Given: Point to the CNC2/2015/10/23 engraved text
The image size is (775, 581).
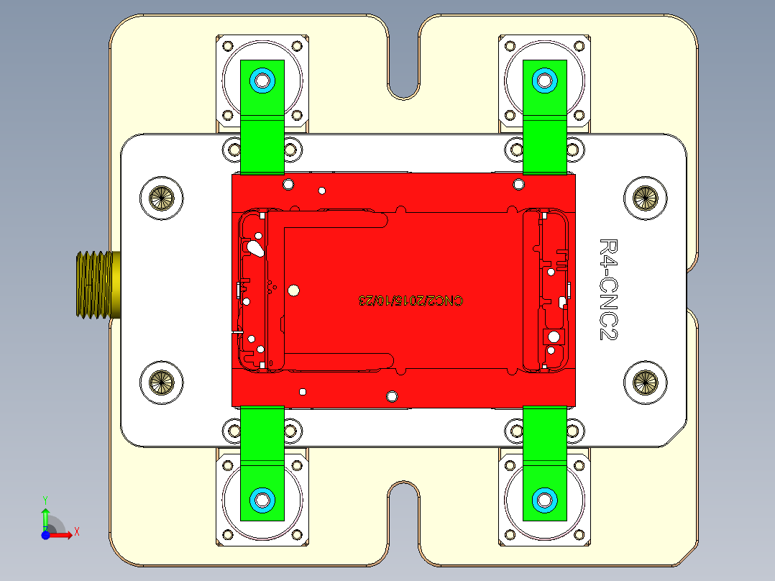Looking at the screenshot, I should coord(411,300).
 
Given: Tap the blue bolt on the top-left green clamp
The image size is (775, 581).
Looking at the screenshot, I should coord(262,80).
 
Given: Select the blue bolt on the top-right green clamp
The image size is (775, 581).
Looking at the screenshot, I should coord(544,80).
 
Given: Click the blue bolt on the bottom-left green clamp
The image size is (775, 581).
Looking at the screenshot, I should coord(262,498).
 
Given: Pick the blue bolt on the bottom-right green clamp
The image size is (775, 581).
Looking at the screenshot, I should coord(544,498).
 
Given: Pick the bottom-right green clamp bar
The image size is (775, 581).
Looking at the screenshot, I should coord(544,439).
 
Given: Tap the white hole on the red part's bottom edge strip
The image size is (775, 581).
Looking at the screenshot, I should coord(392,396).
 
